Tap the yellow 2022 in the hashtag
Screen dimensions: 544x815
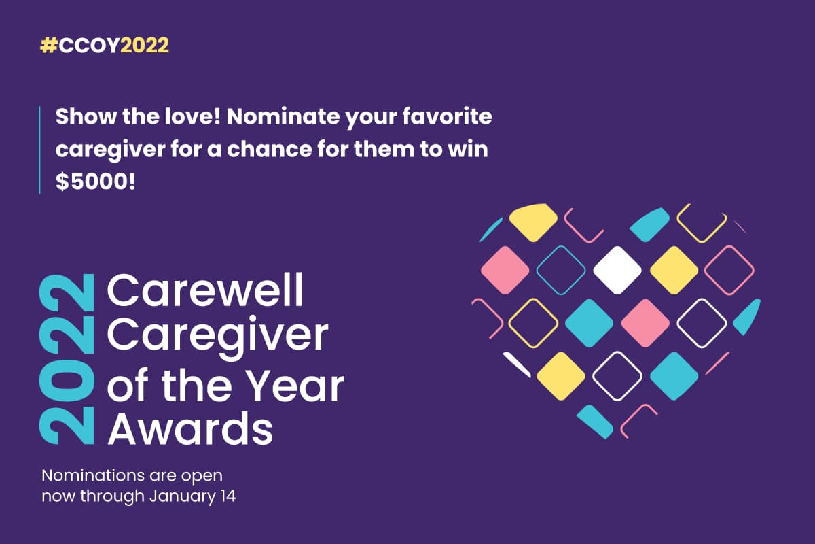145,46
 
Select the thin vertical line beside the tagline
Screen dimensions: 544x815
40,150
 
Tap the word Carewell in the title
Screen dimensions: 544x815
205,292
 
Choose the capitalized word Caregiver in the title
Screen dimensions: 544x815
218,334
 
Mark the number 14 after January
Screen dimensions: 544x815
227,496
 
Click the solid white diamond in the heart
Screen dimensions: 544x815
617,270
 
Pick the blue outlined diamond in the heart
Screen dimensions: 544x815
560,270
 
